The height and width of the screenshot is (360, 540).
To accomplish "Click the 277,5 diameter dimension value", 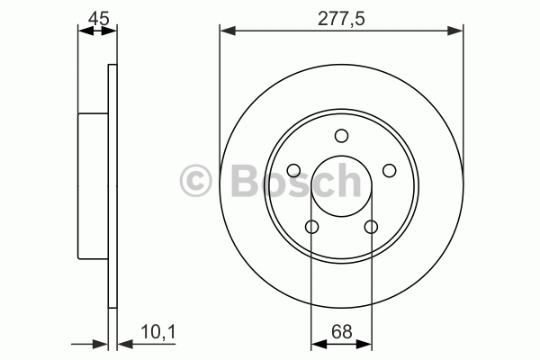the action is pos(340,18).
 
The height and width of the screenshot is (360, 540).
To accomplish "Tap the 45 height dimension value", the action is pos(98,18).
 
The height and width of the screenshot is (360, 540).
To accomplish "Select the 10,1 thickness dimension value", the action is pos(158,332).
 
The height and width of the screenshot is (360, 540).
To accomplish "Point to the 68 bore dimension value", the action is pos(342,332).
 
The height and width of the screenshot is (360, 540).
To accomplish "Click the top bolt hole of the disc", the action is pos(341,136).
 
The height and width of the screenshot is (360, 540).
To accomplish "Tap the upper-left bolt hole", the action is pos(293,170).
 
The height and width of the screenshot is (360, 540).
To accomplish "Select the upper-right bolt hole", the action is pos(389,170).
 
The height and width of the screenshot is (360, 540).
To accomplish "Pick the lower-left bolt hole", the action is pos(311,227).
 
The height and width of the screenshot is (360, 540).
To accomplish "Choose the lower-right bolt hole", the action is pos(371,227).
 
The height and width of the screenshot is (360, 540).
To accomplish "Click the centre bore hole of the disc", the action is pos(341,185).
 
